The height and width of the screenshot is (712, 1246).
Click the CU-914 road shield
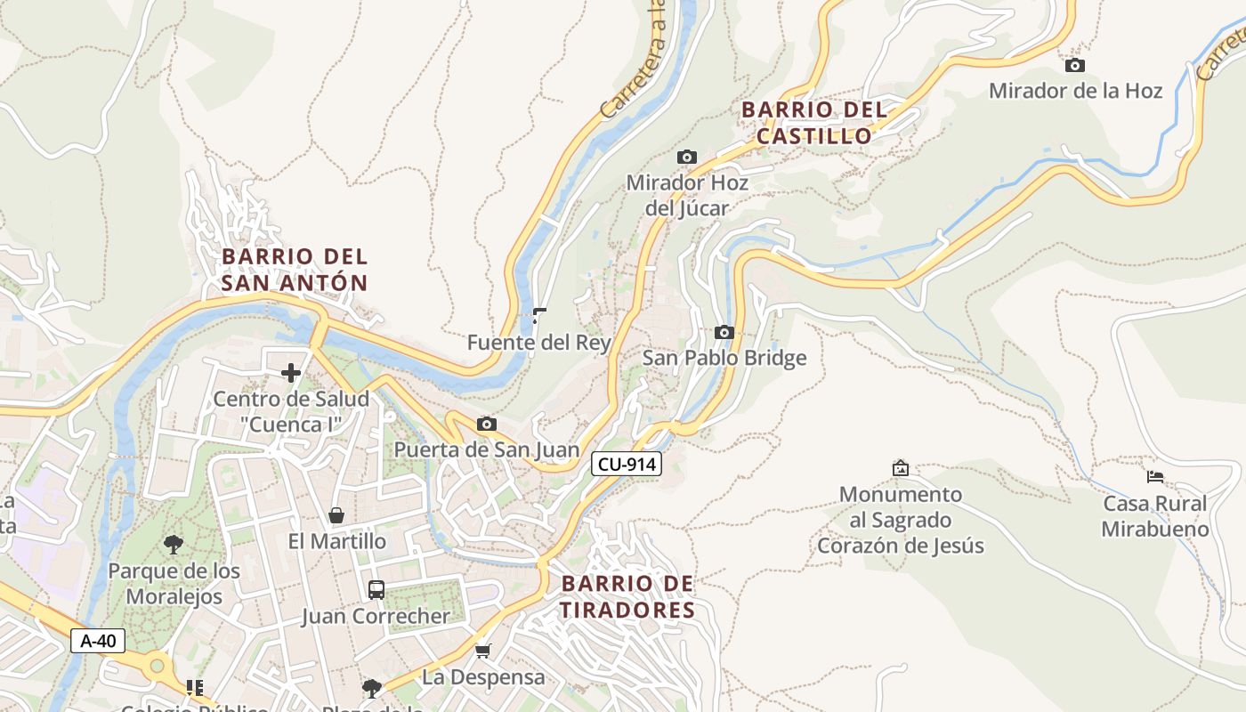[627, 464]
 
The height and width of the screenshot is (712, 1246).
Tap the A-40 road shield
[98, 640]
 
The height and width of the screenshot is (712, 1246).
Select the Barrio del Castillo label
[814, 123]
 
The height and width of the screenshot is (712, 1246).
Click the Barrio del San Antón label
[295, 270]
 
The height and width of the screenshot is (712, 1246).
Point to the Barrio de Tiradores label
[627, 597]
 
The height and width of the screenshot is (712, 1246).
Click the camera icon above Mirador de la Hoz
[1075, 65]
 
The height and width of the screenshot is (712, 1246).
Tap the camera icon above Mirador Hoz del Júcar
[686, 158]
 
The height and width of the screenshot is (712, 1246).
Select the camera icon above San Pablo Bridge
[724, 333]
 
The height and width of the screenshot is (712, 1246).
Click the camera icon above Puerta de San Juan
[486, 425]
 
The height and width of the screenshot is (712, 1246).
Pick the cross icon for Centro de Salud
[291, 373]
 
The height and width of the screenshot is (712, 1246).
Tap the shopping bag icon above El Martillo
[336, 515]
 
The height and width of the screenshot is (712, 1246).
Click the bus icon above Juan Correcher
[376, 589]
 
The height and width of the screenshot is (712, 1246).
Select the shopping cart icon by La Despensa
[482, 651]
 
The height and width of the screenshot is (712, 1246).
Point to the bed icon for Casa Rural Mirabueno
[1155, 477]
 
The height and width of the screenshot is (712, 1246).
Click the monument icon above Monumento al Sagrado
[901, 468]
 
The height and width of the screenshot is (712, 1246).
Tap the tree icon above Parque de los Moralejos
[174, 545]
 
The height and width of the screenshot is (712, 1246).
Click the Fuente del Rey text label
[539, 343]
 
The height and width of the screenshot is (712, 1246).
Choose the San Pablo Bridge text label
[724, 358]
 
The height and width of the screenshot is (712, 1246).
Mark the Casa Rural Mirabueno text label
[1155, 516]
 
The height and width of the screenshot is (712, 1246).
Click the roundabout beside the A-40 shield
[158, 665]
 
